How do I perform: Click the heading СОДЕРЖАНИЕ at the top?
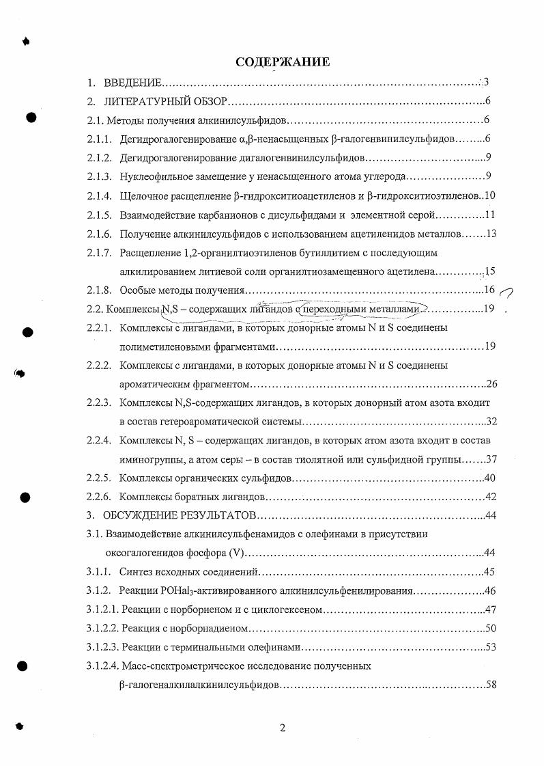tap(283, 62)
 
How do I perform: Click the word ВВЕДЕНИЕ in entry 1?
tap(132, 83)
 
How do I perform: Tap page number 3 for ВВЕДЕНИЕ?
tap(485, 83)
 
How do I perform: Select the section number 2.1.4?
tap(99, 196)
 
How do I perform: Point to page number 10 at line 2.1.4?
tap(489, 196)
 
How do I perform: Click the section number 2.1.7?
tap(99, 253)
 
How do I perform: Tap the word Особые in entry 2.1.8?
tap(136, 290)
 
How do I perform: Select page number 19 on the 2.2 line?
tap(488, 310)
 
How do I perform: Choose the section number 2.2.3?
tap(99, 403)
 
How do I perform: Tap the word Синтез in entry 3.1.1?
tap(135, 571)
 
